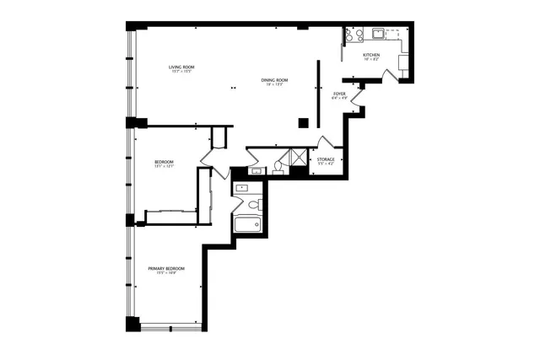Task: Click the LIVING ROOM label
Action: coord(181,67)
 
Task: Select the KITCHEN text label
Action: coord(371,55)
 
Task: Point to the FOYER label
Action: coord(339,94)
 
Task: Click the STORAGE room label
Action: coord(326,159)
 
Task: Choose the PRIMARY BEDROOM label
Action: coord(166,268)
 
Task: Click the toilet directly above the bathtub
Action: coord(252,204)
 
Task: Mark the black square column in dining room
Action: coord(303,122)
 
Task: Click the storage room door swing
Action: coord(321,143)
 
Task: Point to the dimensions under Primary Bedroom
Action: coord(166,273)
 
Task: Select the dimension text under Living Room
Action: coord(181,73)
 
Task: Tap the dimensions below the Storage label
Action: coord(326,164)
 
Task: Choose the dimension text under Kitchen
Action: coord(371,60)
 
